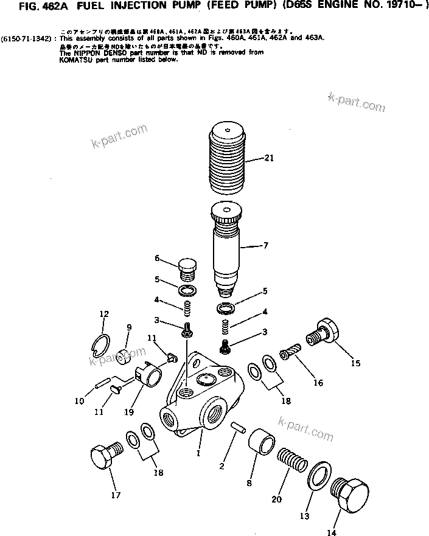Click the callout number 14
pyautogui.click(x=331, y=533)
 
